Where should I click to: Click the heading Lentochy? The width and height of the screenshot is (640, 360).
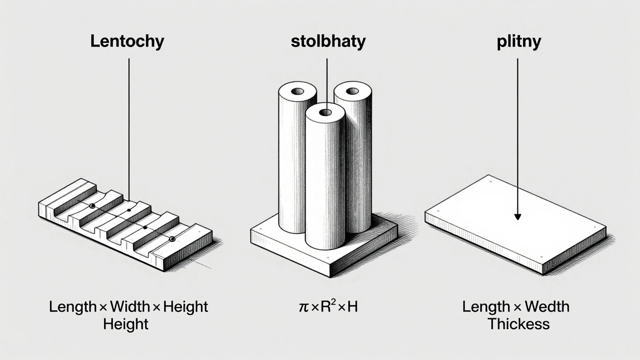coord(127,41)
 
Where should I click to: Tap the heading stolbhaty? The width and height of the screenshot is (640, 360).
coord(328,41)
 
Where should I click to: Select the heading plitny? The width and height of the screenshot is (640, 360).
coord(519,42)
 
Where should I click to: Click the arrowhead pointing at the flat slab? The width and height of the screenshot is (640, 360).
coord(517,217)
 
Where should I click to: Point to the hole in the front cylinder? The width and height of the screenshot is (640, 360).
coord(325,112)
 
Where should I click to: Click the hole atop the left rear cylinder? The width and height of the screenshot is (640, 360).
coord(297,91)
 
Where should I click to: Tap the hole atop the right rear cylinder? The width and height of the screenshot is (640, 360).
coord(352,91)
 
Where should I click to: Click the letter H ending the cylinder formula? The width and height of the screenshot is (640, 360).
coord(352,306)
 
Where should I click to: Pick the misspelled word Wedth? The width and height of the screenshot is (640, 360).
coord(547,306)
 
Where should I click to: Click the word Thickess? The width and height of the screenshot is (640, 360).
coord(518,324)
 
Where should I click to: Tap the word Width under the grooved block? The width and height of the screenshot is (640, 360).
coord(130,306)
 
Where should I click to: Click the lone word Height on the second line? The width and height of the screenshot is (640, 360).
coord(125,324)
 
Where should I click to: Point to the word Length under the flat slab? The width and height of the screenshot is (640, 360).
coord(486,307)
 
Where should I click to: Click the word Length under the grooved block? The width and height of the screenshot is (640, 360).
coord(72,307)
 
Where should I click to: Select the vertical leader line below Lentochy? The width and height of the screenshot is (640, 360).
coord(129,129)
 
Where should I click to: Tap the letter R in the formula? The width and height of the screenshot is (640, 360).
coord(325,306)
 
